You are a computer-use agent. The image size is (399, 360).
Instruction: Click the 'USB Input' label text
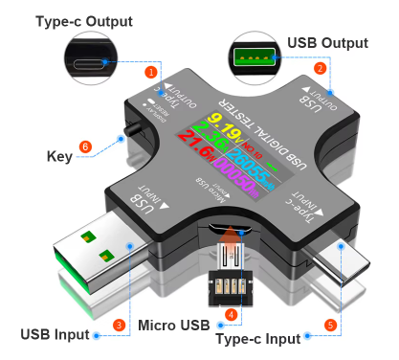click(55, 334)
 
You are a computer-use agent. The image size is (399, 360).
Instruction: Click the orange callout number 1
click(150, 72)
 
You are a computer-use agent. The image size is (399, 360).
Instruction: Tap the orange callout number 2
click(321, 68)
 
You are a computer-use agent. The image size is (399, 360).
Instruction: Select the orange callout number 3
click(119, 326)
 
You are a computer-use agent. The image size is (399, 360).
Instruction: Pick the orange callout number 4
click(230, 313)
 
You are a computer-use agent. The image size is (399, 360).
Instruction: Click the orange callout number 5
click(330, 324)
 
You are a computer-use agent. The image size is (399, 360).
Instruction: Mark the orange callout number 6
click(85, 147)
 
